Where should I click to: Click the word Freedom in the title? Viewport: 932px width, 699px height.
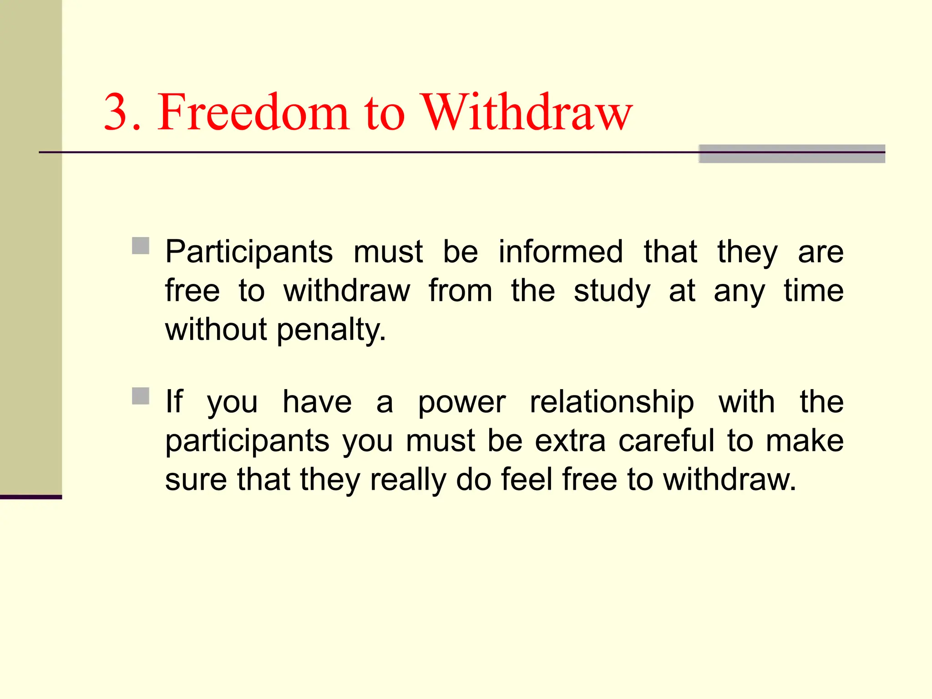(253, 112)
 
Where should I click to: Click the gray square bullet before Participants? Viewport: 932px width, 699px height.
(141, 246)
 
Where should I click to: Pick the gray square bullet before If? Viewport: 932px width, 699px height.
(141, 396)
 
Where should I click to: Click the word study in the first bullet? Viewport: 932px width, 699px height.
(612, 291)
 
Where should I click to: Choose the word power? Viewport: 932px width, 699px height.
(461, 402)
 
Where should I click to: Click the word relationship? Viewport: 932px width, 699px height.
(612, 402)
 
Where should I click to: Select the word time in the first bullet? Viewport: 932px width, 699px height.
(813, 291)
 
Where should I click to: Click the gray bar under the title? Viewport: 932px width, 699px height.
(792, 154)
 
